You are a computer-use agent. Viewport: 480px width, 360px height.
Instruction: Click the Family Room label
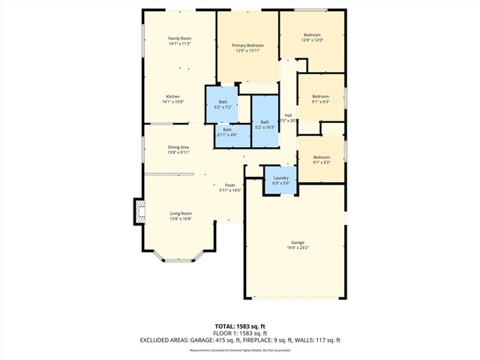tap(178, 38)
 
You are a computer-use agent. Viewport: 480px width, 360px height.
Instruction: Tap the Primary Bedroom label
tap(247, 46)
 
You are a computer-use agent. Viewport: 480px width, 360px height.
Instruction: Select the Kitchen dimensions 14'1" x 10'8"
tap(172, 103)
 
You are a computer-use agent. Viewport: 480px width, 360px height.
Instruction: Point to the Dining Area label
tap(178, 148)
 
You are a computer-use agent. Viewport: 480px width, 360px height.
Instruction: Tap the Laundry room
tap(280, 180)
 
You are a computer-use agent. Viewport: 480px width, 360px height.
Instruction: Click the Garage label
tap(298, 242)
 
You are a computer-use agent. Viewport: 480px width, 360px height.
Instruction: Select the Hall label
tap(287, 115)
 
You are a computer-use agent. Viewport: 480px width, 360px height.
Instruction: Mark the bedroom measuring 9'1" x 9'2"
tap(321, 160)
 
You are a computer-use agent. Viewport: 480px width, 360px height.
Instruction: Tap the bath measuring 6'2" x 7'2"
tap(223, 105)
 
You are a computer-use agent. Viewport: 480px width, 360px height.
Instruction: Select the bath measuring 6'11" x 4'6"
tap(226, 133)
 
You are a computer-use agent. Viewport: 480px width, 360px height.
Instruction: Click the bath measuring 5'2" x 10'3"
tap(265, 124)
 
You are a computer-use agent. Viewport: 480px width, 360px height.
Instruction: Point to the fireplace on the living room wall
tap(138, 211)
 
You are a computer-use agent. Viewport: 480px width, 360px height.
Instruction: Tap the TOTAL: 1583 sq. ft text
tap(239, 326)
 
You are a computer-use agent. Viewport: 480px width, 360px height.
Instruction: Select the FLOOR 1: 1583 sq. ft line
tap(239, 333)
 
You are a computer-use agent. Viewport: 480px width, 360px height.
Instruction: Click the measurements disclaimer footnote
tap(239, 350)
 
